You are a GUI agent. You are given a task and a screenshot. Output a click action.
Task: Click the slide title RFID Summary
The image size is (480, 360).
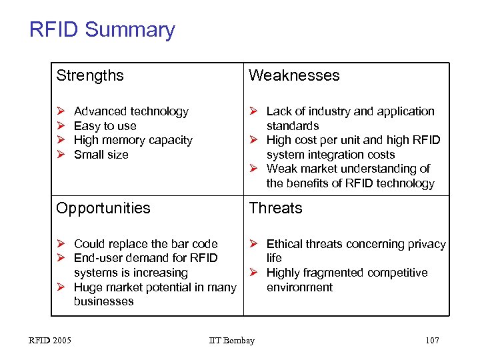(102, 30)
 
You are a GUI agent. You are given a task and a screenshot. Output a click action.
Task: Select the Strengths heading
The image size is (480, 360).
(90, 75)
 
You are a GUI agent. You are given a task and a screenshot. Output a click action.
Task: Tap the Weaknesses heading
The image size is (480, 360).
(294, 75)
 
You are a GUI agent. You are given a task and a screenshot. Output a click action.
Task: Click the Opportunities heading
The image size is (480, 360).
(103, 208)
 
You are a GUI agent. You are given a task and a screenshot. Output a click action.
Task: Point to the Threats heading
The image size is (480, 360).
(275, 208)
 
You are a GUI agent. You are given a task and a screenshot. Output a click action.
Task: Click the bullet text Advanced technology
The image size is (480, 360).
(131, 111)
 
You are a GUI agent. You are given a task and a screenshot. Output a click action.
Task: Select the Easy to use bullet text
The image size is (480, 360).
(105, 126)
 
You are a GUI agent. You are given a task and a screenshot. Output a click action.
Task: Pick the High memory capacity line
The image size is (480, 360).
(133, 140)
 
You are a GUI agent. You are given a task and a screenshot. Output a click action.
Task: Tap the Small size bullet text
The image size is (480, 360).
(101, 155)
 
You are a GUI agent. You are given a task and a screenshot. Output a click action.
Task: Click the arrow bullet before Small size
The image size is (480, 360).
(61, 155)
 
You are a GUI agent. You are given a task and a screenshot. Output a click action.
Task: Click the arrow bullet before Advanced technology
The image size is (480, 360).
(61, 111)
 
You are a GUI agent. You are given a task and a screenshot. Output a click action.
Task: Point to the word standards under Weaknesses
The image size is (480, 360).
(293, 126)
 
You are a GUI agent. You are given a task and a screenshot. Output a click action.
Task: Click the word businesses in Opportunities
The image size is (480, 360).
(103, 301)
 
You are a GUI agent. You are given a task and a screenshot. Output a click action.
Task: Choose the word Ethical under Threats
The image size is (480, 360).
(285, 244)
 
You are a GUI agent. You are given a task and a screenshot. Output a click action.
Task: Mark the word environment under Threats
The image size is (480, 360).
(299, 287)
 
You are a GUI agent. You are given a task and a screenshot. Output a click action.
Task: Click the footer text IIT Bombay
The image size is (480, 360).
(231, 341)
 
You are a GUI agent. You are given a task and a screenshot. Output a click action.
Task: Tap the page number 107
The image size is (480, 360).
(431, 341)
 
